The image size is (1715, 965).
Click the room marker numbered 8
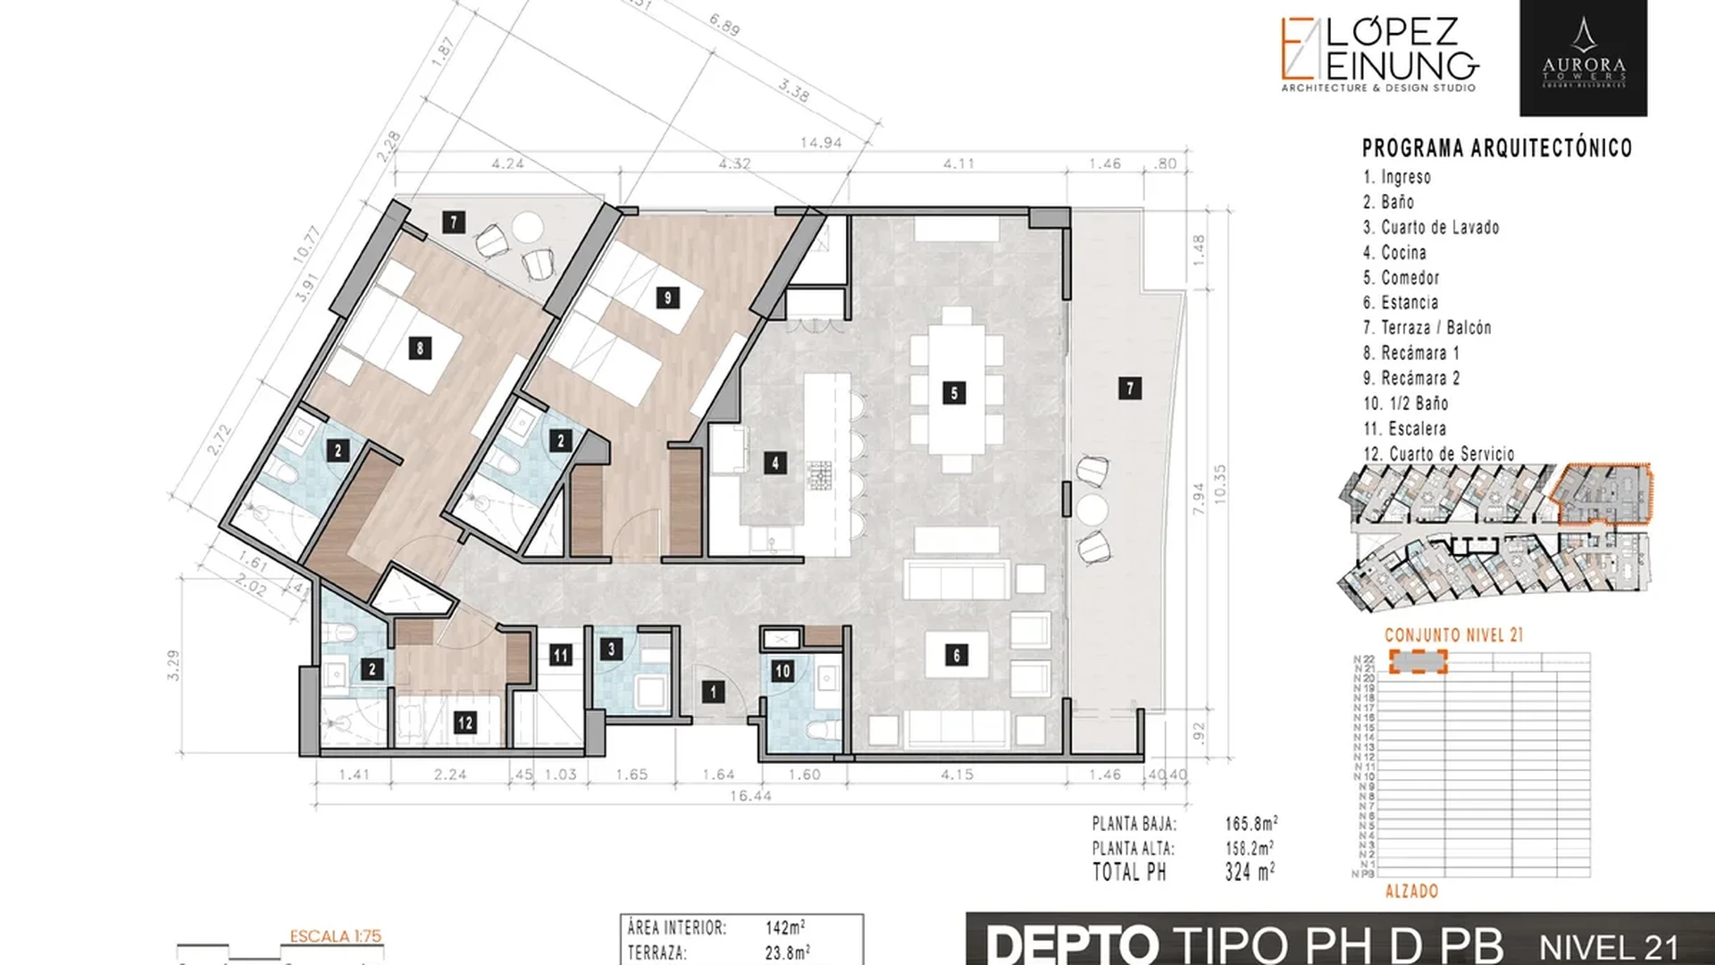420,348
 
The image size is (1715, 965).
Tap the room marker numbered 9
667,298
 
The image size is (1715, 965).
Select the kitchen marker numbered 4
774,463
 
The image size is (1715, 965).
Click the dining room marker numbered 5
954,392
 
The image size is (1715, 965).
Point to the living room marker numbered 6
956,655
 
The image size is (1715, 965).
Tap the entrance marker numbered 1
713,692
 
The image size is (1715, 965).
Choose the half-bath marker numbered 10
782,671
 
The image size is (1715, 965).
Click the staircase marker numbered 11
560,655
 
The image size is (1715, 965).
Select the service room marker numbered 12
464,722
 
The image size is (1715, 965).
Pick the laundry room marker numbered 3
611,649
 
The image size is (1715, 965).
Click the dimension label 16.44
750,795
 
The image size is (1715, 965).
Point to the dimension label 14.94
820,142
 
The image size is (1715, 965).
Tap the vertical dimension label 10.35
1221,483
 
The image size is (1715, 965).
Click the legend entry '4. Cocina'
1394,253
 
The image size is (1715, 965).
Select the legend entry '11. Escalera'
1404,429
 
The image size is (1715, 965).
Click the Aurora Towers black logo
1583,58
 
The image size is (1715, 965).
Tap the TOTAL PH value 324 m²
1250,872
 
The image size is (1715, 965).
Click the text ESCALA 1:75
335,936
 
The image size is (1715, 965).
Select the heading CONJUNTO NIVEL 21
1453,635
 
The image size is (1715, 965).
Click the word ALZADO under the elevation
1411,891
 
